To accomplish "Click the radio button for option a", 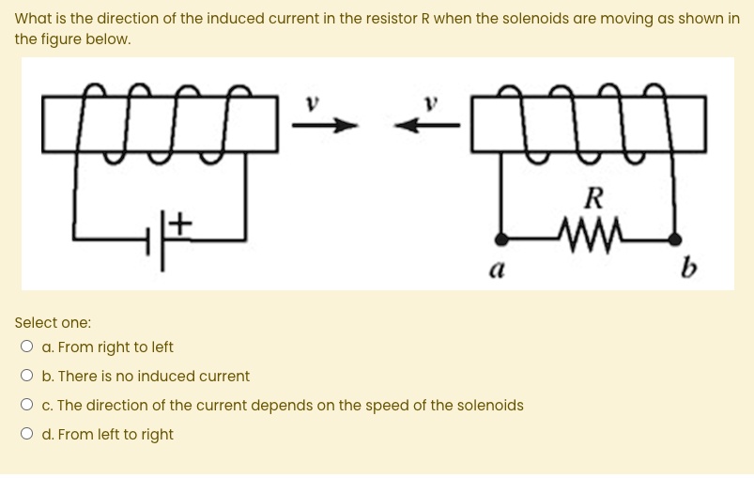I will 27,347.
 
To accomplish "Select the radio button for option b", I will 27,377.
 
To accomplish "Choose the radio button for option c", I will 27,406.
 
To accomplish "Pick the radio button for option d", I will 27,435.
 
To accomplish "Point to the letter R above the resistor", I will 592,198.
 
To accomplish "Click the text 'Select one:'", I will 53,322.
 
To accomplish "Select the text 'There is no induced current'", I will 153,377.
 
